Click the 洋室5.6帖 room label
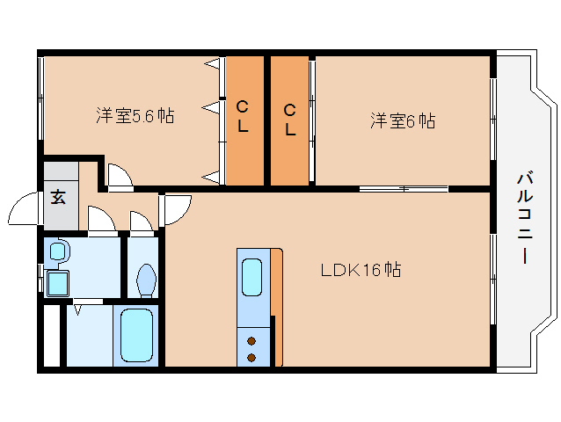pyautogui.click(x=135, y=115)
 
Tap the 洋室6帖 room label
pyautogui.click(x=402, y=120)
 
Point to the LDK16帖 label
pyautogui.click(x=361, y=271)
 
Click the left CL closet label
pyautogui.click(x=243, y=116)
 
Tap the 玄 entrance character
pyautogui.click(x=58, y=197)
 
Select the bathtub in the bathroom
pyautogui.click(x=135, y=335)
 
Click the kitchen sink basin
pyautogui.click(x=252, y=279)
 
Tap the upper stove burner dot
pyautogui.click(x=252, y=340)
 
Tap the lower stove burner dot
pyautogui.click(x=252, y=356)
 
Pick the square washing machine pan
pyautogui.click(x=58, y=282)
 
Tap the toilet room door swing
pyautogui.click(x=142, y=221)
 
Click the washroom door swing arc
pyautogui.click(x=102, y=219)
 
